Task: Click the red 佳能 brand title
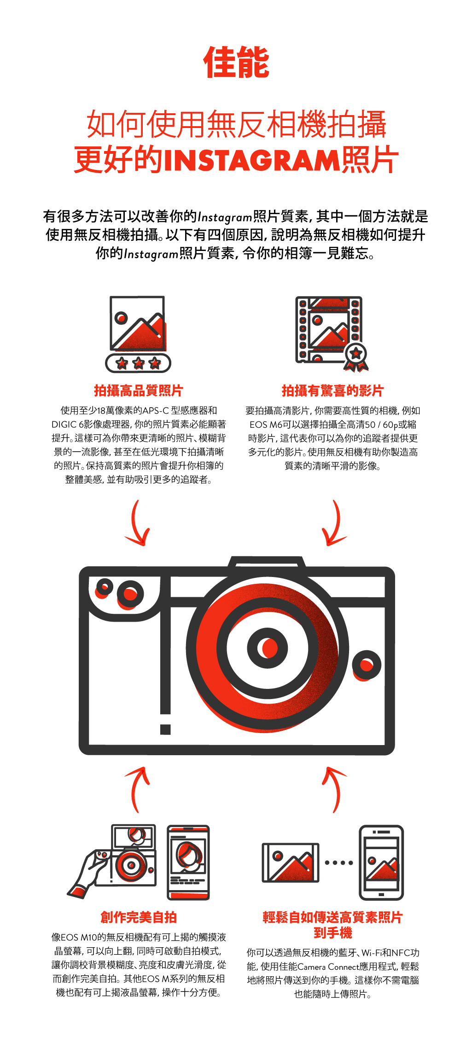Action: click(236, 62)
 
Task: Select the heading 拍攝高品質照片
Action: click(139, 390)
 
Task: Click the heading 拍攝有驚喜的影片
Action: click(332, 390)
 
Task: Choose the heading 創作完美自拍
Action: click(139, 917)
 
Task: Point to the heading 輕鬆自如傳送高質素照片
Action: click(332, 917)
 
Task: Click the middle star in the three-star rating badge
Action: click(138, 363)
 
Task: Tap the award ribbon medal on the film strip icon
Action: click(356, 357)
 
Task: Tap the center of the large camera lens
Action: click(268, 648)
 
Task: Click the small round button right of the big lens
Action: click(367, 665)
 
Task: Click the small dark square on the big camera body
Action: click(165, 729)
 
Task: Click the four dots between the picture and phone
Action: click(339, 862)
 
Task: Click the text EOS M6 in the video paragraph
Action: click(266, 425)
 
